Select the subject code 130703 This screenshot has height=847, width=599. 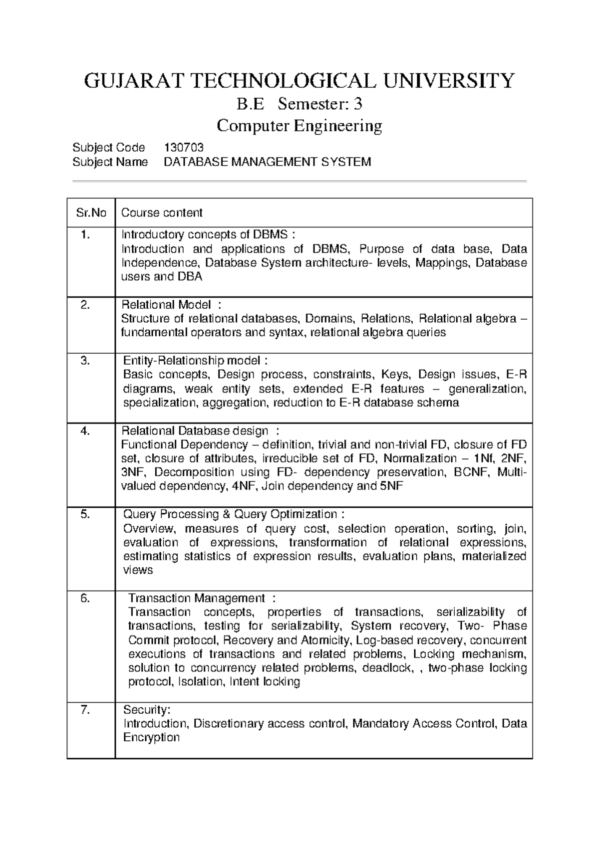click(x=184, y=147)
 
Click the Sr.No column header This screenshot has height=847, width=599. click(x=91, y=213)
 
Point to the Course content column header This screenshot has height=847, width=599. click(x=162, y=213)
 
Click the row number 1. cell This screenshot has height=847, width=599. click(x=85, y=235)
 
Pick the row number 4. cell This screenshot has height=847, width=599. click(x=85, y=431)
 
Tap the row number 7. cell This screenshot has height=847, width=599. click(x=85, y=710)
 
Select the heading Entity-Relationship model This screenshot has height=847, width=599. click(x=192, y=361)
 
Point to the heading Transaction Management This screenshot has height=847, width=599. click(x=197, y=598)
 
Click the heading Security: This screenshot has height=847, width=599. click(x=147, y=710)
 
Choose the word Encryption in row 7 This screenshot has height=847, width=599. click(x=151, y=738)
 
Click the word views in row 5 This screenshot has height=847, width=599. click(x=138, y=570)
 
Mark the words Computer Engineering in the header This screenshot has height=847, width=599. click(x=299, y=126)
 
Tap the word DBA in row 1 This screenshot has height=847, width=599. click(x=190, y=277)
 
